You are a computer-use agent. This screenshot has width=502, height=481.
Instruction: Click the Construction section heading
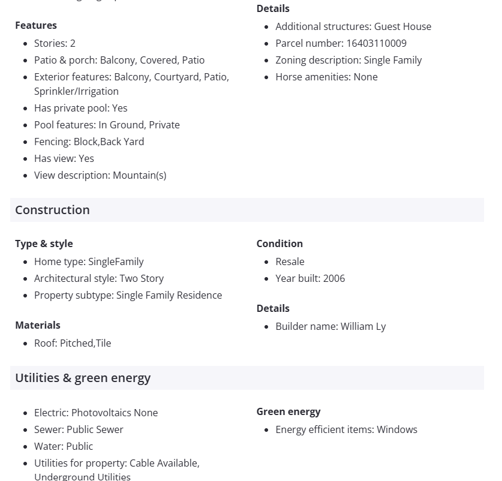coord(52,210)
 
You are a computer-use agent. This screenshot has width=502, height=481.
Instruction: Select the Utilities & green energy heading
coord(83,378)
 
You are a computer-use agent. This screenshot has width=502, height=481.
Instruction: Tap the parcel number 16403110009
coord(376,43)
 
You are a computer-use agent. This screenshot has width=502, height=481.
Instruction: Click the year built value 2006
coord(334,278)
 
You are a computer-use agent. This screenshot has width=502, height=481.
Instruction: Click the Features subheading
coord(36,25)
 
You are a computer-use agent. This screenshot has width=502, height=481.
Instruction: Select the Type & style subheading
coord(44,243)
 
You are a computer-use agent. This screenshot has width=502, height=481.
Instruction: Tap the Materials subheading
coord(38,325)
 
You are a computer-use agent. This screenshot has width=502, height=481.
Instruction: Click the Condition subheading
coord(279,243)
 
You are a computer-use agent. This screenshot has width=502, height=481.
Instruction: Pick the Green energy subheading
coord(288,411)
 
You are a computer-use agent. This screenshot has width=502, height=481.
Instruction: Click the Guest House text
coord(402,26)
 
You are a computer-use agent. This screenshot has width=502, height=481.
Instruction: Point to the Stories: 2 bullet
coord(55,43)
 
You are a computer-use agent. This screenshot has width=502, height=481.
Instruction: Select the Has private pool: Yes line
coord(81,108)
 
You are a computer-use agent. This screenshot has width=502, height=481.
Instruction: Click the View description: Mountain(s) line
coord(100,175)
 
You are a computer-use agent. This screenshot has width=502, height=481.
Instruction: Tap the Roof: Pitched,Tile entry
coord(73,343)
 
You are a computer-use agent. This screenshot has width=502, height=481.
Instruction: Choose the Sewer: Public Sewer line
coord(79,429)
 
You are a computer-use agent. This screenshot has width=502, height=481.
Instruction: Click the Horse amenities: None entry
coord(326,77)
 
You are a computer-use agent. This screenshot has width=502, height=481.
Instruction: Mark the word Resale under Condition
coord(290,261)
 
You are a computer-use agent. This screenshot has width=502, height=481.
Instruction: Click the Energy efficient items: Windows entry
coord(346,429)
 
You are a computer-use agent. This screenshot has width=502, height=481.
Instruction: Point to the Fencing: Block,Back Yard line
coord(89,142)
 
